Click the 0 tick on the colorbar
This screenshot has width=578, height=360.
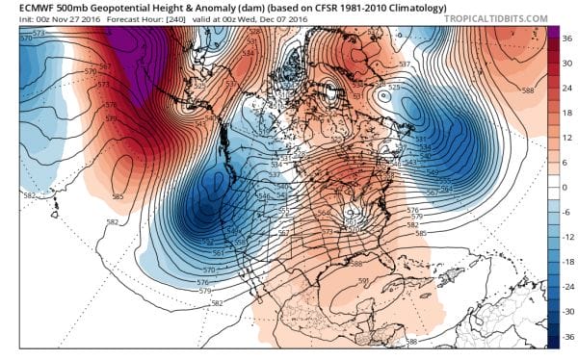point(565,187)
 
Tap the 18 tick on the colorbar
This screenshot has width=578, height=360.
point(565,112)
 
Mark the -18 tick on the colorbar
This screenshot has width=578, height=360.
point(565,263)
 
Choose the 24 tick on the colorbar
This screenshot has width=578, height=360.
point(565,87)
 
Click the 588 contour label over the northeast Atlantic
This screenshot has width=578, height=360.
point(527,91)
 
